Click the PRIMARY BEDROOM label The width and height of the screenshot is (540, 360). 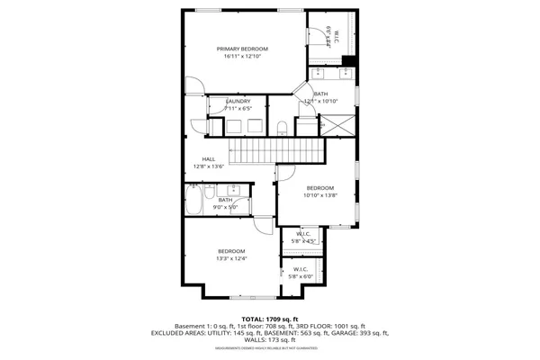click(x=242, y=49)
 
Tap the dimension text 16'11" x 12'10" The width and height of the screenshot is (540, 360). click(x=242, y=57)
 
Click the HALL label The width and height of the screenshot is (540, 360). click(x=208, y=159)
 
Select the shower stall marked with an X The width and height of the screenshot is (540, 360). click(x=338, y=126)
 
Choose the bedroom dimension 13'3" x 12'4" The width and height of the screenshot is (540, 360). click(x=230, y=258)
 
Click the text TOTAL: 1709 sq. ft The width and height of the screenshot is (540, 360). click(x=269, y=319)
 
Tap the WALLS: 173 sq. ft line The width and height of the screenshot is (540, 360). click(x=269, y=340)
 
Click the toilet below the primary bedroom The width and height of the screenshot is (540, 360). click(x=281, y=126)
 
